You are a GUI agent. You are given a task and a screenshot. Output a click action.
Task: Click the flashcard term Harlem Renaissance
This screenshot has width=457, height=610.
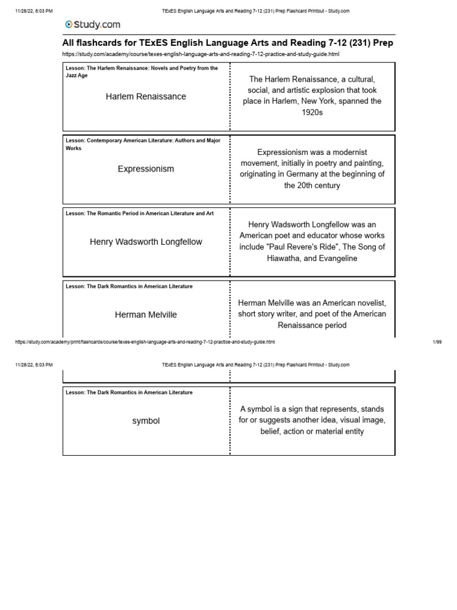click(146, 97)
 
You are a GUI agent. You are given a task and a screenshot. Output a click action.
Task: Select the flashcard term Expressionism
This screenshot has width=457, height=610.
click(146, 169)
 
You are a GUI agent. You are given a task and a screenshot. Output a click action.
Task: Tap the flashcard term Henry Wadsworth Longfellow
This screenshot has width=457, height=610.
click(146, 242)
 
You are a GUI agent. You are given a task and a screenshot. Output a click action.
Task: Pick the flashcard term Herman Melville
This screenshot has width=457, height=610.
click(146, 315)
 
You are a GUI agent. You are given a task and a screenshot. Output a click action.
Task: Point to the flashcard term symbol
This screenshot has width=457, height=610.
click(146, 421)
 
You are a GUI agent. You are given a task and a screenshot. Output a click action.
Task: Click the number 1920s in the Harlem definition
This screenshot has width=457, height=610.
click(312, 112)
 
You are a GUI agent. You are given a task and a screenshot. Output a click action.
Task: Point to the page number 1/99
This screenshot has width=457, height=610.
click(437, 342)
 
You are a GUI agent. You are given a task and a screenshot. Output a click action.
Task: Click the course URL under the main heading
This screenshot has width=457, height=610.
click(201, 54)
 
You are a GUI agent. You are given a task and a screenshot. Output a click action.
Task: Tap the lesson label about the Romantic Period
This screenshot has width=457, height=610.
click(139, 213)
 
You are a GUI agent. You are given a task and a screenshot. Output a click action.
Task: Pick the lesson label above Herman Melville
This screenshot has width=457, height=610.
click(129, 287)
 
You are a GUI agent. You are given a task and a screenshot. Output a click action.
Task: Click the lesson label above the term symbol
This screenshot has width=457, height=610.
click(129, 393)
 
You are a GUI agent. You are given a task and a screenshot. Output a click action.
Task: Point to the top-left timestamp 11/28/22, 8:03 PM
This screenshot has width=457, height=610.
click(33, 11)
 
